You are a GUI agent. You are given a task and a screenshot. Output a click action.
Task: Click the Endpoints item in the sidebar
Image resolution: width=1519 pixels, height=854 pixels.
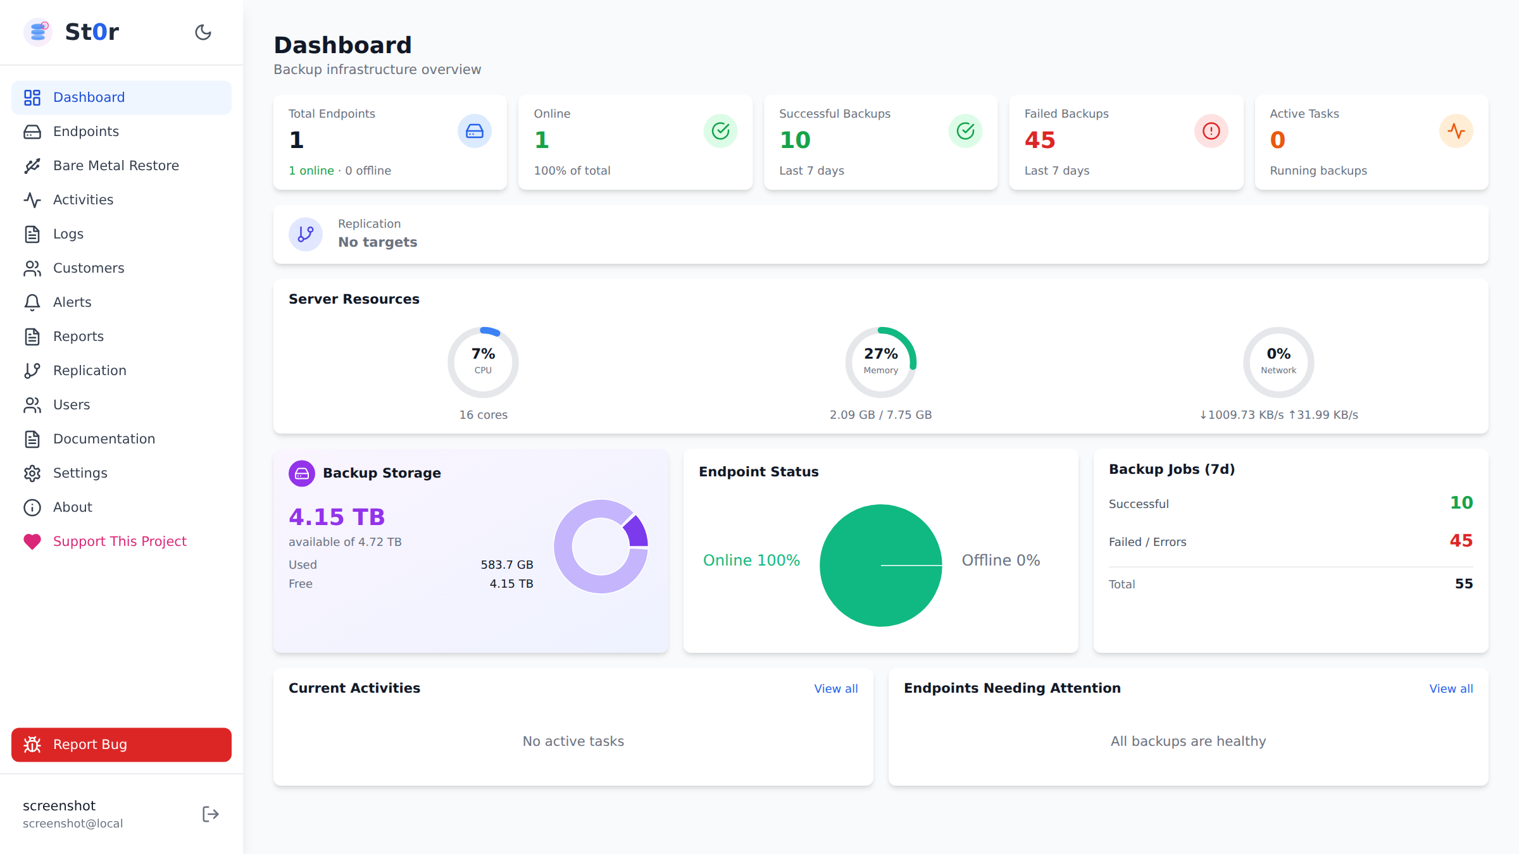[x=85, y=132]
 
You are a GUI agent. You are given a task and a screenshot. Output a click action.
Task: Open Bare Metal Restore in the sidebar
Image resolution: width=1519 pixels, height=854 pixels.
[x=116, y=166]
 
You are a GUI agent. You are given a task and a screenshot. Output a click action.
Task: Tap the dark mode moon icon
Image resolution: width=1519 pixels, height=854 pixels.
[x=203, y=32]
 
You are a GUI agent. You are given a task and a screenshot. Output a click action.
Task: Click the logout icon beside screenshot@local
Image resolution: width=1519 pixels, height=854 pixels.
[x=210, y=814]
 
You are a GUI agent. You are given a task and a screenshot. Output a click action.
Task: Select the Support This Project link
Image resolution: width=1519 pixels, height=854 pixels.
[x=120, y=541]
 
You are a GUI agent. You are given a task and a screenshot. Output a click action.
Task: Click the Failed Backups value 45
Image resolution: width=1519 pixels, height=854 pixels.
[x=1039, y=140]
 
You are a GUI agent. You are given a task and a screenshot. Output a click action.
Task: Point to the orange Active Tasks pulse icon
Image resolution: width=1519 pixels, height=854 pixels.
[x=1456, y=131]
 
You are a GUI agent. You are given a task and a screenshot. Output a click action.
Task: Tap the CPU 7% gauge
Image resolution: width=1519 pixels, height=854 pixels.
[x=483, y=362]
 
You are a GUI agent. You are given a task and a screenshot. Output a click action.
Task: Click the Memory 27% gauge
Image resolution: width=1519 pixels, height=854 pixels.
[x=880, y=362]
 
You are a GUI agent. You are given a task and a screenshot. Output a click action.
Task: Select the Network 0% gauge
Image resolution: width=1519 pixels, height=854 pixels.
[x=1278, y=362]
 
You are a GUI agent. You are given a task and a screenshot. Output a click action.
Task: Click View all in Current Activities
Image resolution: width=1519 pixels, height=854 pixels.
[x=835, y=688]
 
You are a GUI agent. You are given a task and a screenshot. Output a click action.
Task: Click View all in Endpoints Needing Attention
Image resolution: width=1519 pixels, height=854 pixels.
[x=1451, y=688]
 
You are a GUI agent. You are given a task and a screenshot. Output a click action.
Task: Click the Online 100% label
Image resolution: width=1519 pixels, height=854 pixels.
[x=751, y=560]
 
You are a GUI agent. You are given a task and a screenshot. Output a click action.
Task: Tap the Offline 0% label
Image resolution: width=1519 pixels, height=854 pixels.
[x=1001, y=560]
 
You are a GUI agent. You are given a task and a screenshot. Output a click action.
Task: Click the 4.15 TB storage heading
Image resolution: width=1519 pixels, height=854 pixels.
[x=337, y=517]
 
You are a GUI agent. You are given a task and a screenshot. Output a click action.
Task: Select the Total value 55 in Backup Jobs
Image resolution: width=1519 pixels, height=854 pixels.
[x=1463, y=584]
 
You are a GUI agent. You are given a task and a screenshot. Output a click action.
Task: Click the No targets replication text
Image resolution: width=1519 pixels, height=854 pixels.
[x=377, y=242]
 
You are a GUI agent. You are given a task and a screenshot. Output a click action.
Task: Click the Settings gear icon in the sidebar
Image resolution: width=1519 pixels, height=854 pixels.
[x=32, y=473]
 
